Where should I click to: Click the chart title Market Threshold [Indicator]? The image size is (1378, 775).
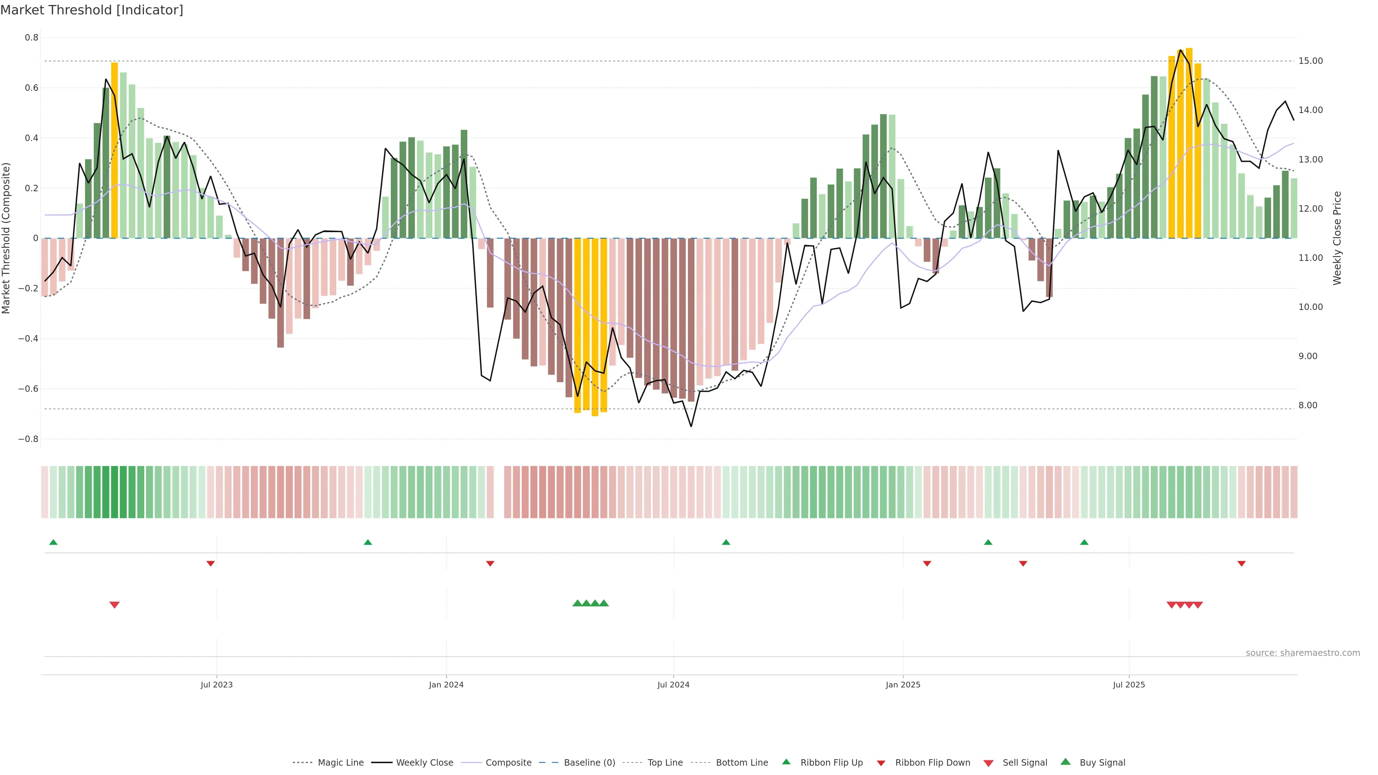tap(92, 10)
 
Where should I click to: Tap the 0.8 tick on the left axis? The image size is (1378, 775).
tap(32, 37)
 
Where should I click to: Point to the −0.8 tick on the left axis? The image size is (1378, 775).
tap(28, 439)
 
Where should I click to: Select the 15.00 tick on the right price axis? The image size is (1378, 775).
tap(1311, 61)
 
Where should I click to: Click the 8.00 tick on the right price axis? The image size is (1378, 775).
tap(1308, 405)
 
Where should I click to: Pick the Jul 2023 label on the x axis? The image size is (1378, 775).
tap(217, 685)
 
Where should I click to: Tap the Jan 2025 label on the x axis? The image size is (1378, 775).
tap(903, 685)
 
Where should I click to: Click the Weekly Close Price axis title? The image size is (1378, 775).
tap(1337, 238)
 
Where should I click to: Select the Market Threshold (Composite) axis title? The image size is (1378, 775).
tap(6, 238)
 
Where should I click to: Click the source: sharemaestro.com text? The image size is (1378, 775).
tap(1303, 653)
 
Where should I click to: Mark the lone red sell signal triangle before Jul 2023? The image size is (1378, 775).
tap(114, 605)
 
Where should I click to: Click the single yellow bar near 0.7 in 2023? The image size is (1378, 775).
tap(114, 150)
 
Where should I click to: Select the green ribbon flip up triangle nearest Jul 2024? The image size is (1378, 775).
tap(726, 542)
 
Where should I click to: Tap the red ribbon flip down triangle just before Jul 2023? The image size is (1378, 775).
tap(211, 564)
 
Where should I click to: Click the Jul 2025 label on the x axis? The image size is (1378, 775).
tap(1129, 685)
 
